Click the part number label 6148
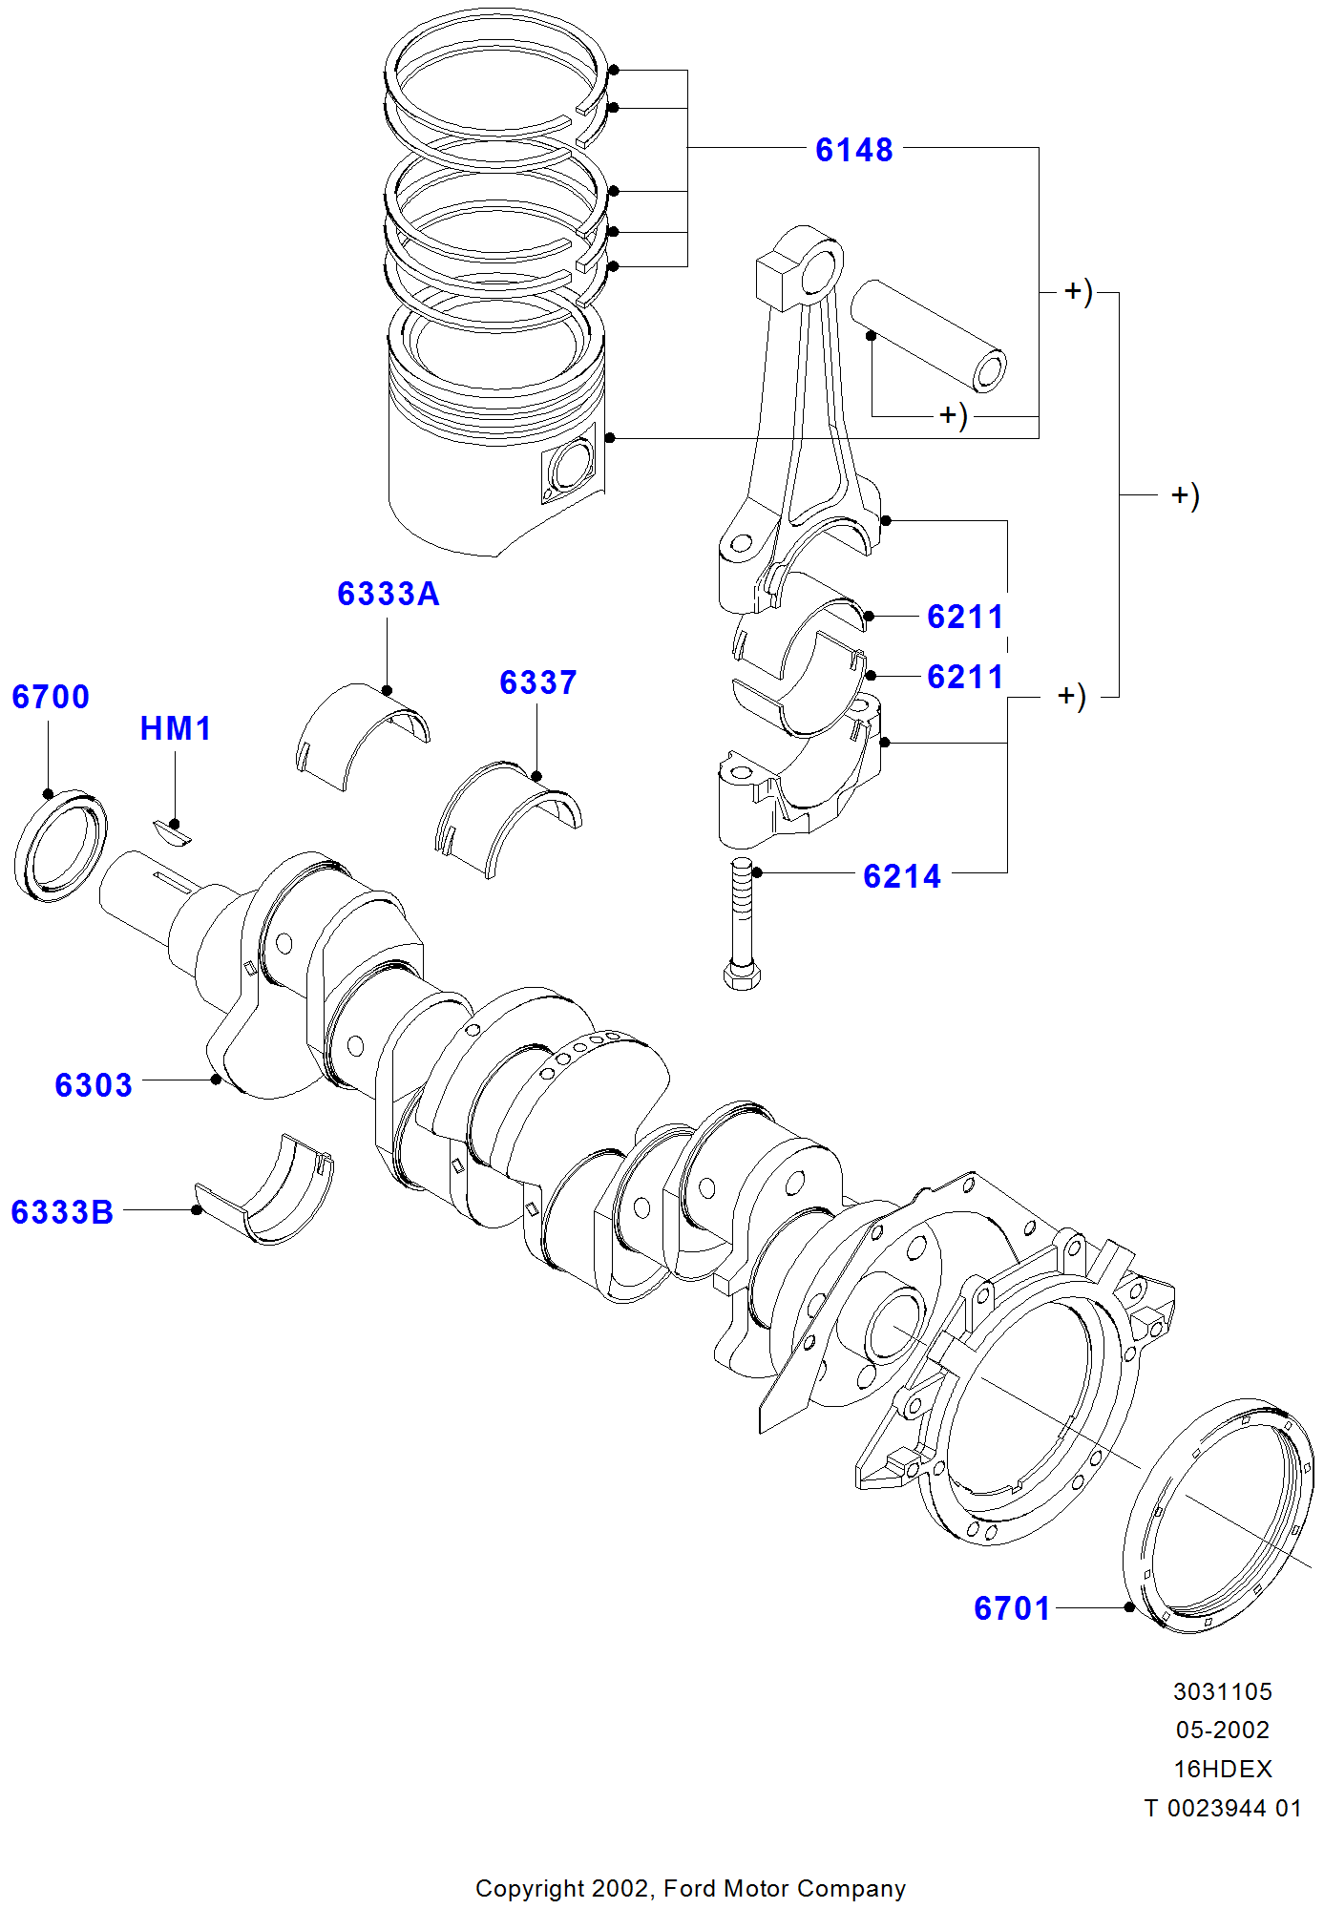tap(854, 150)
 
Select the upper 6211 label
tap(965, 617)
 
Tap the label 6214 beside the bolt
tap(902, 876)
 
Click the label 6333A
tap(389, 594)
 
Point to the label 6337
tap(538, 682)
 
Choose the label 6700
tap(51, 697)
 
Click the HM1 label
tap(176, 728)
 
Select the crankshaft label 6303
tap(94, 1085)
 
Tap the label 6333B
tap(63, 1212)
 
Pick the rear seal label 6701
tap(1012, 1608)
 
